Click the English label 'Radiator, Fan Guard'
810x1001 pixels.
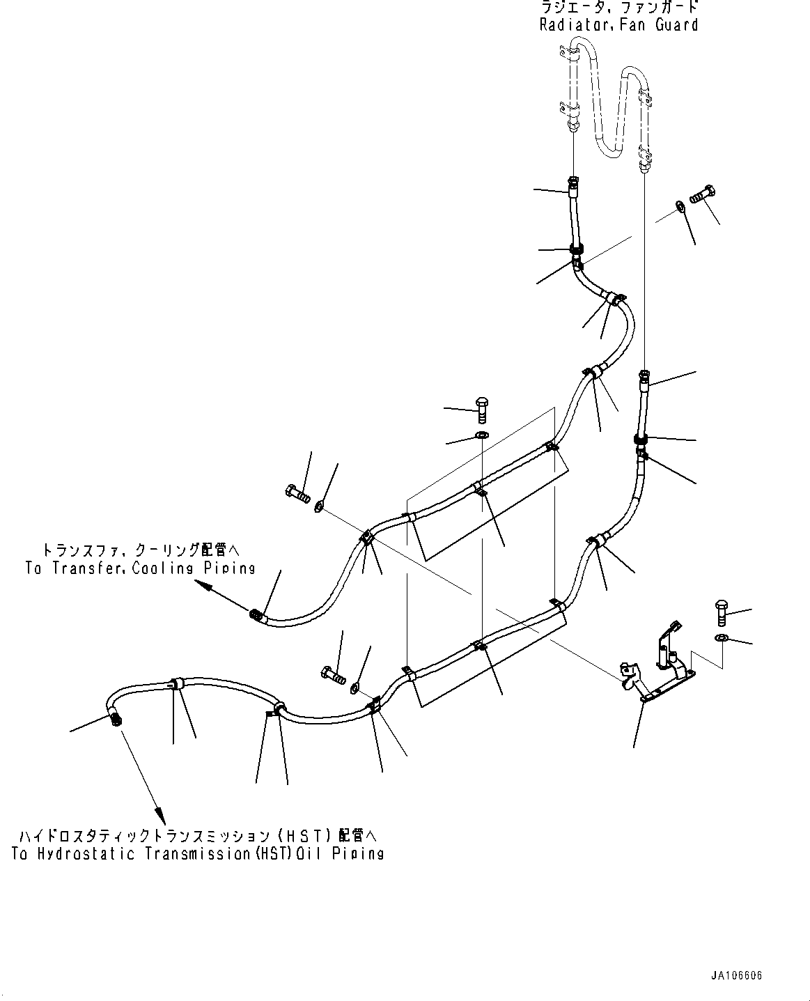point(618,25)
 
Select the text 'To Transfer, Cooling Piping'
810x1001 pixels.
point(140,568)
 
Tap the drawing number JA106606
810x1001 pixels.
point(736,976)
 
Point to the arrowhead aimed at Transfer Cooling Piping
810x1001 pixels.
point(204,587)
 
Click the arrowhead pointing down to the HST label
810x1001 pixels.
point(159,813)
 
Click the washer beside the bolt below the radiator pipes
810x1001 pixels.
point(680,206)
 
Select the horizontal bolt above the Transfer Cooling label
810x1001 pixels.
point(297,493)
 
